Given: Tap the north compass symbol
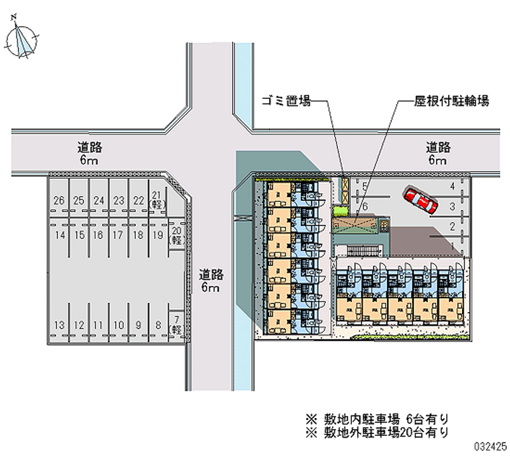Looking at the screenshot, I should pyautogui.click(x=22, y=40).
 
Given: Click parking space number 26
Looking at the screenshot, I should pyautogui.click(x=59, y=201).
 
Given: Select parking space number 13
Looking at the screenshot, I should pyautogui.click(x=59, y=326).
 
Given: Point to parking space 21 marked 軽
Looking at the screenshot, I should pyautogui.click(x=157, y=200).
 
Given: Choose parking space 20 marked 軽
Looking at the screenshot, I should pyautogui.click(x=177, y=235).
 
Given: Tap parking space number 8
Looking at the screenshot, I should pyautogui.click(x=157, y=326).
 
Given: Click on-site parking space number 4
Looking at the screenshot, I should pyautogui.click(x=452, y=186).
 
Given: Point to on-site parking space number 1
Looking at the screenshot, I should pyautogui.click(x=452, y=245).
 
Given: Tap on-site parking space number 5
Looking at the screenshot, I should pyautogui.click(x=364, y=187).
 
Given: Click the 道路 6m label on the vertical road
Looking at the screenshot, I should pyautogui.click(x=210, y=281).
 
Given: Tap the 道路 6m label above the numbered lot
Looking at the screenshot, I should pyautogui.click(x=90, y=154).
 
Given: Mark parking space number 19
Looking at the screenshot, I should pyautogui.click(x=157, y=236).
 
